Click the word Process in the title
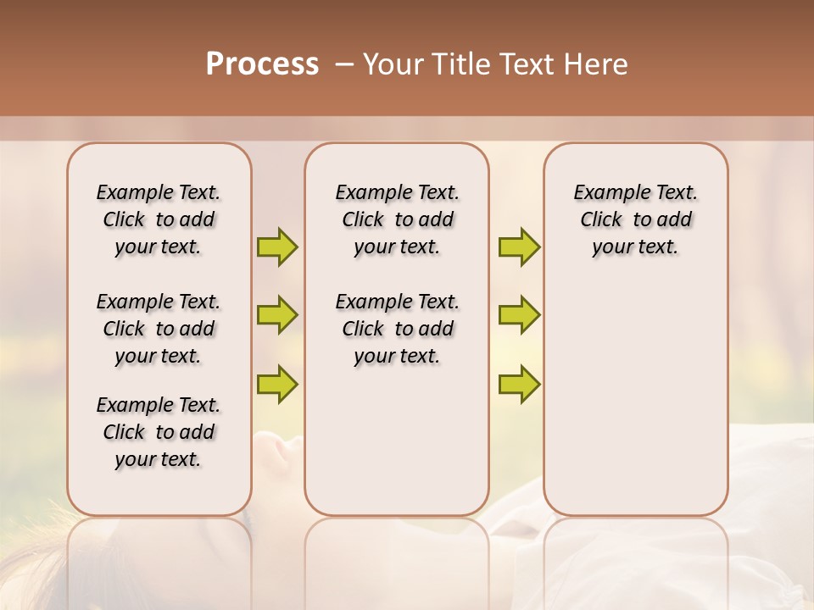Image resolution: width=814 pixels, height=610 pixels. [262, 64]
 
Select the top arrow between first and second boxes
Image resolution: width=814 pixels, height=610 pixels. [277, 247]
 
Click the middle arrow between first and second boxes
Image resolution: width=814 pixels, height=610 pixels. [277, 315]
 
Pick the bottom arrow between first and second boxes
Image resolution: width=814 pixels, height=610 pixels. [277, 384]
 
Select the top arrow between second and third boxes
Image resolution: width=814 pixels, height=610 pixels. [519, 247]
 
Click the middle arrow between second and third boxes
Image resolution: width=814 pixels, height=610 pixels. [519, 315]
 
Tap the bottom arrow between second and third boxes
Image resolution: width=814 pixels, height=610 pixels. [519, 384]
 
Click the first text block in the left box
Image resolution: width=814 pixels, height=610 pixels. [159, 219]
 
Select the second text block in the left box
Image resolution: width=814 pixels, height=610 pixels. [159, 329]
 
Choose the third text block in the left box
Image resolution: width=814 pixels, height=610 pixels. [159, 432]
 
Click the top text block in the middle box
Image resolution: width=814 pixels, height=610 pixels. [397, 219]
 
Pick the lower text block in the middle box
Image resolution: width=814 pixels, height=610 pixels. [397, 329]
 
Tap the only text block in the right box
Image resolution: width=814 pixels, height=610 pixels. [635, 219]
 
